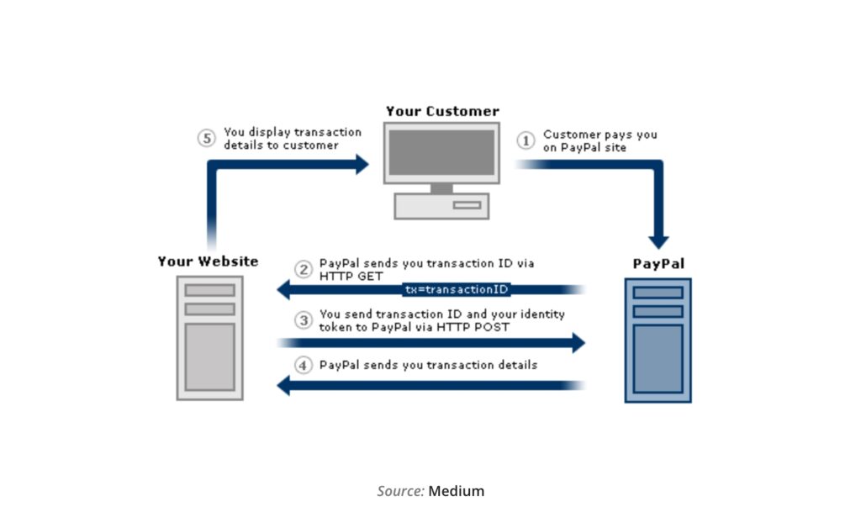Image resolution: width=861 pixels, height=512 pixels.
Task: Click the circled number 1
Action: pyautogui.click(x=526, y=140)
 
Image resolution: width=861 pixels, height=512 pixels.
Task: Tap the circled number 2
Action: pyautogui.click(x=304, y=270)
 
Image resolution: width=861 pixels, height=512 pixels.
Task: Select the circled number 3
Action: pyautogui.click(x=304, y=320)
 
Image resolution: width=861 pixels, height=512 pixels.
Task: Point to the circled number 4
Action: pyautogui.click(x=304, y=366)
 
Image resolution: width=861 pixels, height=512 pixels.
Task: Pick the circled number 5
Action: pyautogui.click(x=207, y=139)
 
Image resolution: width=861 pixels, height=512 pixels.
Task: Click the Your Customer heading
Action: pyautogui.click(x=442, y=111)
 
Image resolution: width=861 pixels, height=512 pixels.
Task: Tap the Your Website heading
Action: pyautogui.click(x=208, y=261)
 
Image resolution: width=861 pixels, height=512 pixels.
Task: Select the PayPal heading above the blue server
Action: pyautogui.click(x=658, y=264)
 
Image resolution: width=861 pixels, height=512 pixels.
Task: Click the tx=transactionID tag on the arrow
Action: pyautogui.click(x=456, y=289)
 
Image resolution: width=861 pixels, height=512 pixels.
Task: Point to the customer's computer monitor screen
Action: pyautogui.click(x=441, y=152)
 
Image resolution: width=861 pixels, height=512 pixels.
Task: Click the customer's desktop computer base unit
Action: pyautogui.click(x=441, y=205)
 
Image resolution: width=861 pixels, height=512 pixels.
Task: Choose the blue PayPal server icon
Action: pyautogui.click(x=658, y=340)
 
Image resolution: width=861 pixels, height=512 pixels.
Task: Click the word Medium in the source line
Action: pyautogui.click(x=457, y=491)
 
